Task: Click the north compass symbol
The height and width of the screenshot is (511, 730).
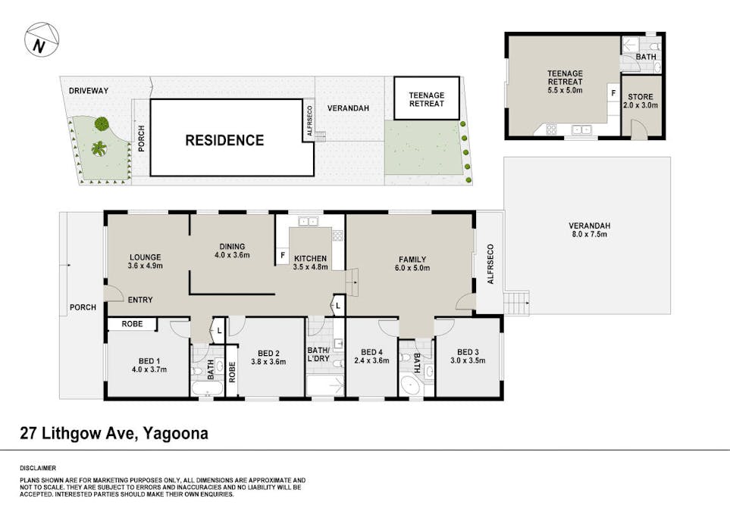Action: tap(42, 40)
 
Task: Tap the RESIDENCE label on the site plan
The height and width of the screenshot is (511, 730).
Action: tap(224, 140)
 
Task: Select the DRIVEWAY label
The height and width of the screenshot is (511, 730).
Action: tap(89, 91)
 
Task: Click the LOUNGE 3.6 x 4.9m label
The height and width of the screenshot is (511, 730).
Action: tap(146, 261)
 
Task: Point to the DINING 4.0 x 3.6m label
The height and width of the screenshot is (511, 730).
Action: tap(232, 251)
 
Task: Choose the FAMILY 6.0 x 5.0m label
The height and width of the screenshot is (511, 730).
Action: tap(412, 263)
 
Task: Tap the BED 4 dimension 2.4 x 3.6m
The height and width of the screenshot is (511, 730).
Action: tap(371, 360)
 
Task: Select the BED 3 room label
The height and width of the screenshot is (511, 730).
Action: tap(468, 352)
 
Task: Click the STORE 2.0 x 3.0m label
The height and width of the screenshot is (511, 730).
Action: tap(641, 101)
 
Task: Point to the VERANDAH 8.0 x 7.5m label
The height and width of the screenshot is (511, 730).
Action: tap(590, 229)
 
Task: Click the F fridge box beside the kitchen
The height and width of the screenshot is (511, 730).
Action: tap(282, 256)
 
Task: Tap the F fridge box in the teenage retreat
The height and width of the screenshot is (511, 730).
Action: tap(613, 93)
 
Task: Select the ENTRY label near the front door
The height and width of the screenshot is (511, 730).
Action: tap(140, 300)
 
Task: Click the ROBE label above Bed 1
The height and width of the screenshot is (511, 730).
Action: tap(132, 323)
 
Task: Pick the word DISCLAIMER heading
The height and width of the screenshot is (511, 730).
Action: tap(38, 468)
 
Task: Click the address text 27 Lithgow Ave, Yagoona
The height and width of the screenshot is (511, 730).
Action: tap(114, 433)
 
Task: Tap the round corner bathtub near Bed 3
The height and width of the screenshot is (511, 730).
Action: tap(411, 386)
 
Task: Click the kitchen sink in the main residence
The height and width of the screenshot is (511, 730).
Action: tap(309, 221)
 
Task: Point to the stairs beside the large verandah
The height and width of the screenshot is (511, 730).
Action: tap(517, 303)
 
